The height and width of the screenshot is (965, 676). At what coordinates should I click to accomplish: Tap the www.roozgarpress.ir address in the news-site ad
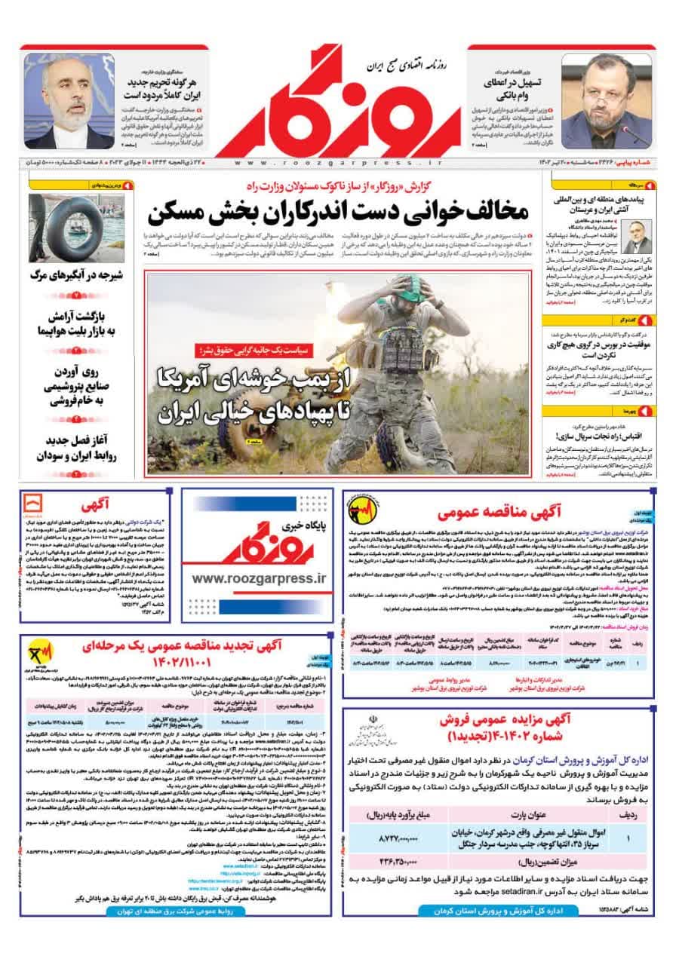tap(257, 577)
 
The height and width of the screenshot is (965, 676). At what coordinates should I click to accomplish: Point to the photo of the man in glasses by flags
tap(69, 101)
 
